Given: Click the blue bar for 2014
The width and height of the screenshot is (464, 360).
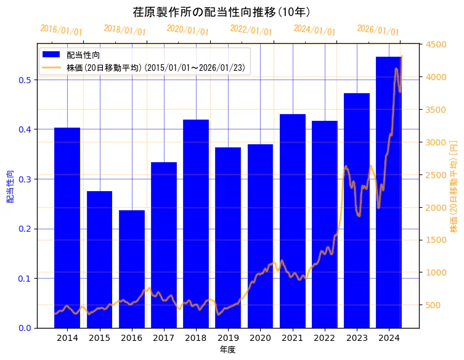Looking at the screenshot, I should click(67, 227).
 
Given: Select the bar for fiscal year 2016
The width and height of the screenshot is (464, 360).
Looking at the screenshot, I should click(132, 269).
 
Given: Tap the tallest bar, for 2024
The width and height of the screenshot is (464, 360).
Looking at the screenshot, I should click(389, 192).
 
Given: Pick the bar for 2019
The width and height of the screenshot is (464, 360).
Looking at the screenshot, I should click(228, 237).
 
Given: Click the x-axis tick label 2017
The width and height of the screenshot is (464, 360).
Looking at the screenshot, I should click(164, 338).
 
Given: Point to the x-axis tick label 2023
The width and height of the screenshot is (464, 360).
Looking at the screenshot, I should click(357, 338).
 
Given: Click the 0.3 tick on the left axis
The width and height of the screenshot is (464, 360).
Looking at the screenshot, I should click(25, 179).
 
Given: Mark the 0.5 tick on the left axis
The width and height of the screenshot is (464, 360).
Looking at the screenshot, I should click(25, 80).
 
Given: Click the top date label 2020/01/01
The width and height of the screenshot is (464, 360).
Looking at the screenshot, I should click(188, 30).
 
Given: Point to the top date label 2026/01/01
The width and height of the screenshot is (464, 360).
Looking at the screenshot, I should click(378, 30).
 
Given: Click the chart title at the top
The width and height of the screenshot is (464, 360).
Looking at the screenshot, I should click(221, 12).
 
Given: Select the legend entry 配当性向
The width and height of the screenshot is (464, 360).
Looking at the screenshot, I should click(83, 55).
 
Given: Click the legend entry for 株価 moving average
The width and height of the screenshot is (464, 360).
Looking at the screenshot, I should click(157, 68).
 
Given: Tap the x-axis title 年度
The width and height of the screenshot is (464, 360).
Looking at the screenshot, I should click(227, 350).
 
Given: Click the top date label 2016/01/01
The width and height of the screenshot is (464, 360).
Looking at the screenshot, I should click(61, 30).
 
